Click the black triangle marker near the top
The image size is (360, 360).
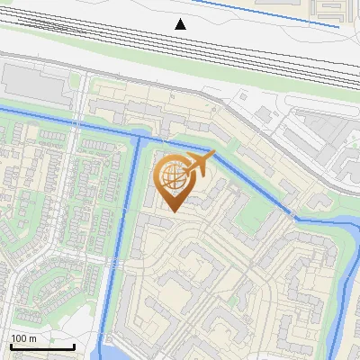click(x=181, y=23)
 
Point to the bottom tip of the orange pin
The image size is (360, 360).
click(x=171, y=211)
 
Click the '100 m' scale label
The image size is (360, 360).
click(x=23, y=338)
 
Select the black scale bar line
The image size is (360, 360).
click(x=42, y=346)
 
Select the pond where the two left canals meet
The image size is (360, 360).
click(x=139, y=137)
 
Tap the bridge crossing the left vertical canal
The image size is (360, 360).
click(x=116, y=262)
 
